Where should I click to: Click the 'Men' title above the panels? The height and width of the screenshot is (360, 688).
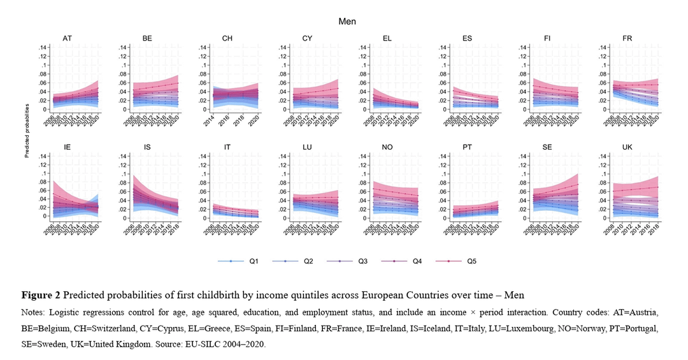[x=347, y=22]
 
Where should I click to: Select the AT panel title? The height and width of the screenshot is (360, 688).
[x=67, y=39]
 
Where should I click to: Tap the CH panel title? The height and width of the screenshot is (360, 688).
[x=227, y=39]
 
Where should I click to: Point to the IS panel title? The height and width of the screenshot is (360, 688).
[x=147, y=147]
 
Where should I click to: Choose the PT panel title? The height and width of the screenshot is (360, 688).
[x=467, y=147]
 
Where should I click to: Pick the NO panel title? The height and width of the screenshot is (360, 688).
[x=387, y=147]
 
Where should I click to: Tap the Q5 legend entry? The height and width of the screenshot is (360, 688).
[x=471, y=261]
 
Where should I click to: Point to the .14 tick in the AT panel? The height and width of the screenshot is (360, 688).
[x=44, y=47]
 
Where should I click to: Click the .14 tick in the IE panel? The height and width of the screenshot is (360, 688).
[x=44, y=156]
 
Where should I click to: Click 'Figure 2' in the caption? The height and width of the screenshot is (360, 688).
[x=41, y=296]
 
